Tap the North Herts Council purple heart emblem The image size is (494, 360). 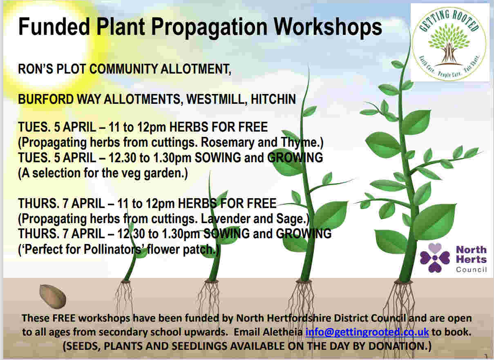click(x=434, y=257)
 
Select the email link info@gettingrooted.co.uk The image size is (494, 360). click(x=367, y=332)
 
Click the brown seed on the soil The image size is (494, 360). click(x=53, y=296)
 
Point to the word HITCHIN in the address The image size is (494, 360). click(x=273, y=99)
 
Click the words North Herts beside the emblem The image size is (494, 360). click(x=471, y=254)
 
